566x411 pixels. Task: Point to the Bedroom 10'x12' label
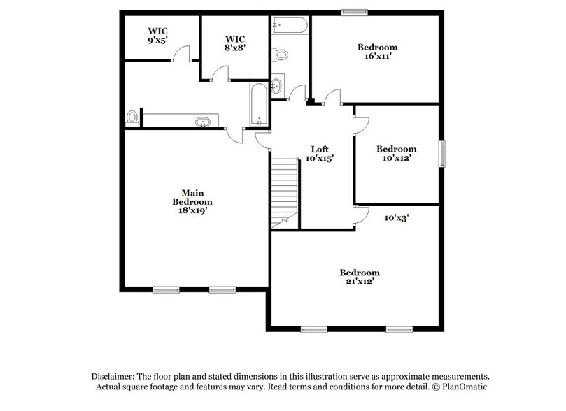point(396,153)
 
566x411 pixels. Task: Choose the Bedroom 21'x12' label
point(360,277)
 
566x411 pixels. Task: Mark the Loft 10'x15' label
point(320,154)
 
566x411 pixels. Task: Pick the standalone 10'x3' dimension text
point(397,217)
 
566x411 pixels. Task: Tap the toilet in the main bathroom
point(132,118)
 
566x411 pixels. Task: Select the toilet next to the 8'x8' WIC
point(281,54)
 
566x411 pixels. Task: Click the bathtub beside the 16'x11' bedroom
point(290,27)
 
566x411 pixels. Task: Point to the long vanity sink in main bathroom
point(204,122)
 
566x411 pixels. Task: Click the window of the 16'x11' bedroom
point(355,11)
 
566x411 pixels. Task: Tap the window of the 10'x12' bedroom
point(441,154)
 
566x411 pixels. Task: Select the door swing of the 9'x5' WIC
point(182,53)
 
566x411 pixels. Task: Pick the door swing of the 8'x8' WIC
point(221,73)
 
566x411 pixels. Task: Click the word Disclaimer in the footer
point(114,375)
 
